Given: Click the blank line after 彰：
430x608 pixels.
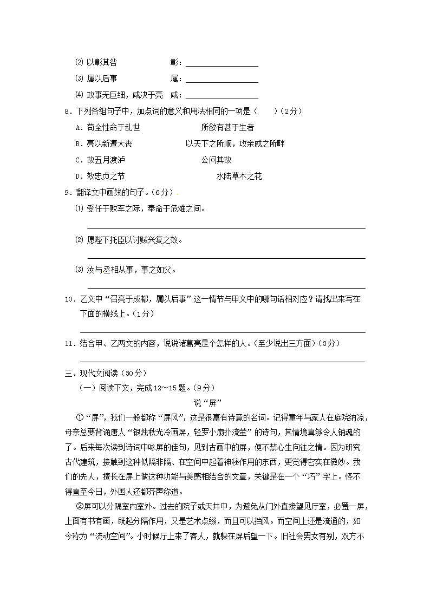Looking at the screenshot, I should (221, 64).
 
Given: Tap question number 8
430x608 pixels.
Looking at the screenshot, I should (67, 112).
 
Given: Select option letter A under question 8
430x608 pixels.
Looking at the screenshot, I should (79, 128).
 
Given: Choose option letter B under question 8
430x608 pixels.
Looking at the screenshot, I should (79, 144).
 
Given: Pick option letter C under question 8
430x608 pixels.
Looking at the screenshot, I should (79, 160).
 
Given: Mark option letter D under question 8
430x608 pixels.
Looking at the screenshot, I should (79, 176).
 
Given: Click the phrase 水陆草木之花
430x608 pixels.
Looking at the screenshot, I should (239, 176).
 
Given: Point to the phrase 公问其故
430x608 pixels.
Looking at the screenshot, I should (216, 160).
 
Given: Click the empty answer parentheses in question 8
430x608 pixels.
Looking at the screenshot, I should (265, 112).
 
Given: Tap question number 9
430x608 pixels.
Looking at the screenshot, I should (67, 193).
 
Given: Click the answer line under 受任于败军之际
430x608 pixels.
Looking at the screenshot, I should (226, 228).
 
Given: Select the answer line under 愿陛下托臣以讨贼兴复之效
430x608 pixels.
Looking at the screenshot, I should (226, 258).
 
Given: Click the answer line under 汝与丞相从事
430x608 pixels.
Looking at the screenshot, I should (226, 287).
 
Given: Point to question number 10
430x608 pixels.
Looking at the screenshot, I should (69, 299).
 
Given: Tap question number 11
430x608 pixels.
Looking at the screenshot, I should (69, 343).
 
